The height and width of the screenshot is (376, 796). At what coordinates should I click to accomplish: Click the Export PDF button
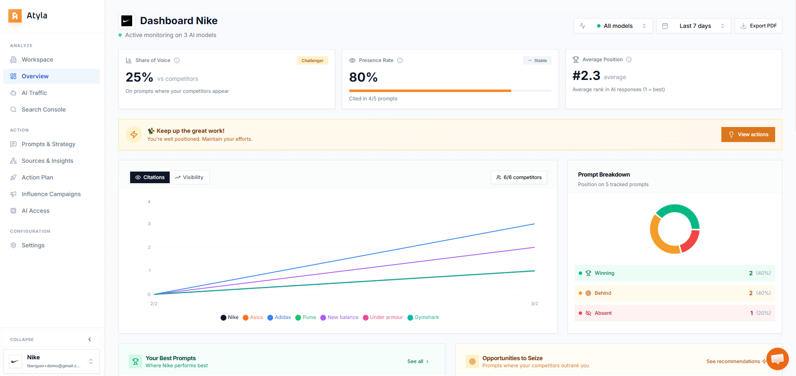[758, 26]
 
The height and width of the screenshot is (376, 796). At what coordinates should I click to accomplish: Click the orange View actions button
[748, 134]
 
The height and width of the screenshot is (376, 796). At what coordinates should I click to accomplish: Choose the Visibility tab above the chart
[189, 177]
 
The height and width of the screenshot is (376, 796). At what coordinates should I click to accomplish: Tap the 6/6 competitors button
[519, 177]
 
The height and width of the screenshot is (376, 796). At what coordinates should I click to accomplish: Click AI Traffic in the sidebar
[34, 93]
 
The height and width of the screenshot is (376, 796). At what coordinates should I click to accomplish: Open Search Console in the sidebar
[43, 110]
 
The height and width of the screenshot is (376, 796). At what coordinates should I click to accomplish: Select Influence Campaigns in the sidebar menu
[51, 194]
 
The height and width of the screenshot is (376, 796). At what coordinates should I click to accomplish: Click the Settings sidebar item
[33, 245]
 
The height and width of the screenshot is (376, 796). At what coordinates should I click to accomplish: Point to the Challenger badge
[312, 61]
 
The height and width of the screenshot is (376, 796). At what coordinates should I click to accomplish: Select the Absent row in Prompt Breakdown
[674, 313]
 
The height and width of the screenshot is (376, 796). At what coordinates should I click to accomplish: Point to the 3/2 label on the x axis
[534, 304]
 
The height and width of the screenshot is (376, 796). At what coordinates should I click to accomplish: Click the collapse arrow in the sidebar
[90, 339]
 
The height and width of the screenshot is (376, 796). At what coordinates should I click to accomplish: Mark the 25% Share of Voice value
[139, 77]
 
